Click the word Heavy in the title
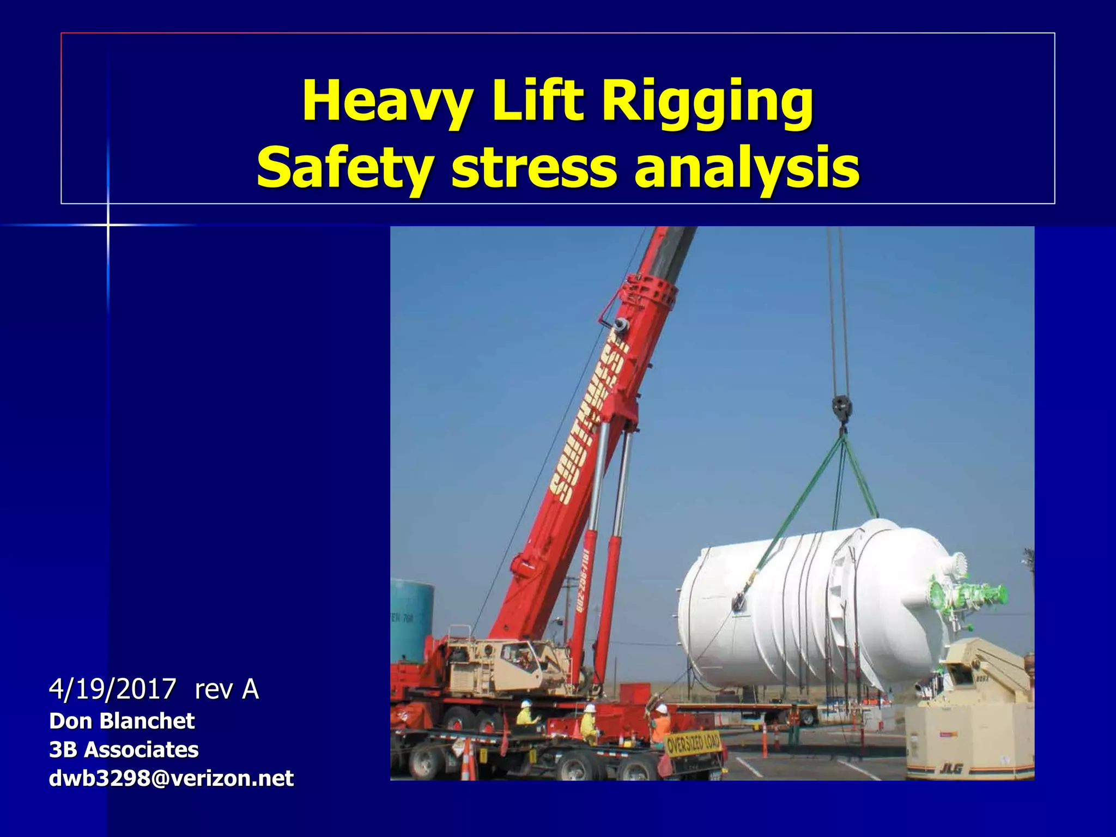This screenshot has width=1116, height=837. pyautogui.click(x=387, y=101)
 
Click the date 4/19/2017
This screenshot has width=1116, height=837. pyautogui.click(x=113, y=689)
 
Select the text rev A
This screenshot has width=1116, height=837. pyautogui.click(x=227, y=689)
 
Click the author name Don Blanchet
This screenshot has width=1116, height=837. pyautogui.click(x=122, y=721)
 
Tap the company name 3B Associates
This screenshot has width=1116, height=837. pyautogui.click(x=124, y=750)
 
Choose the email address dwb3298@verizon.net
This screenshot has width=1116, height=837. pyautogui.click(x=171, y=778)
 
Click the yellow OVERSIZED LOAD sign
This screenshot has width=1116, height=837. pyautogui.click(x=693, y=743)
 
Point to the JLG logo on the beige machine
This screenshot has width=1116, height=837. pyautogui.click(x=950, y=768)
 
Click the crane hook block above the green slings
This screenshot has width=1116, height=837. pyautogui.click(x=842, y=409)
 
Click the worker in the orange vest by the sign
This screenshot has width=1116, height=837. pyautogui.click(x=660, y=725)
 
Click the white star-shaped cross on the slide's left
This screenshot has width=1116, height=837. pyautogui.click(x=108, y=225)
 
